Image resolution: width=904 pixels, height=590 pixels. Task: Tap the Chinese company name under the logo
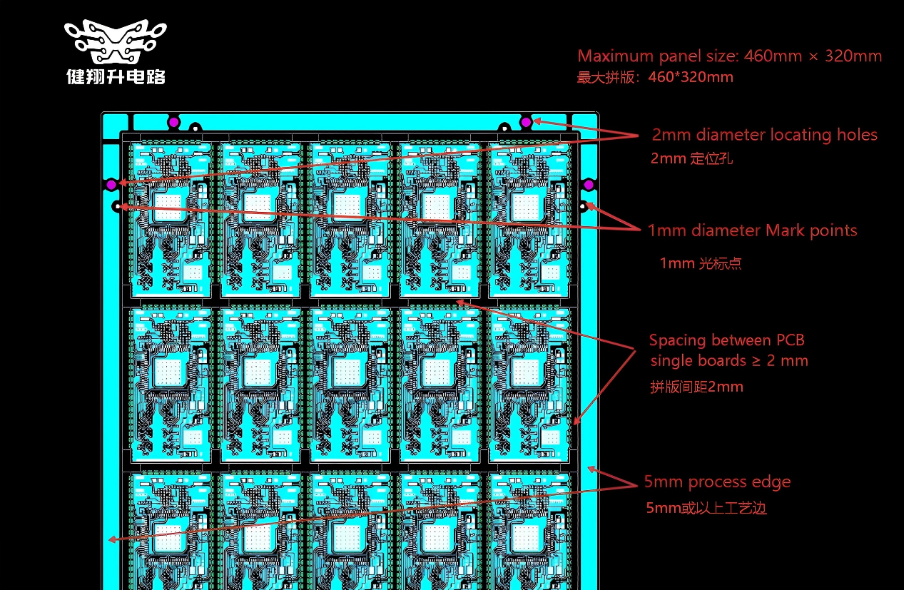point(116,76)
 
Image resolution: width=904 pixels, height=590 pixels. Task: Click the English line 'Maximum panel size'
point(729,56)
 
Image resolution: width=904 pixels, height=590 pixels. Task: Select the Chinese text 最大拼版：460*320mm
point(654,77)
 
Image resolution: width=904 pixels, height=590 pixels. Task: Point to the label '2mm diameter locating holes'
point(764,135)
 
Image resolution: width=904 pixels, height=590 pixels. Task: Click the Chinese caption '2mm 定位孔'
point(691,158)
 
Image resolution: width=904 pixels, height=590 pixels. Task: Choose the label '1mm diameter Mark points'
point(752,230)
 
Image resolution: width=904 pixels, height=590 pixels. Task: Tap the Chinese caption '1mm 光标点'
point(700,263)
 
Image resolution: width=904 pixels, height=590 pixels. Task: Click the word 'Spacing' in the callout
point(677,340)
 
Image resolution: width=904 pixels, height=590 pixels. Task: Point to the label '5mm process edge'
point(717,482)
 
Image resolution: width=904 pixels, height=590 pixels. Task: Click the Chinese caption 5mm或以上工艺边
point(706,508)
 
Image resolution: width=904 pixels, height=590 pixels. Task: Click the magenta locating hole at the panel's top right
point(526,122)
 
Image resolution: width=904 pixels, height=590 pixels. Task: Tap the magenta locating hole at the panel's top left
point(173,122)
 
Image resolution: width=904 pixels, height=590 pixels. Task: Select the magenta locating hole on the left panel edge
point(111,185)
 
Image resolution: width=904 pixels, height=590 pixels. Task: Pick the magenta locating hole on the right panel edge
point(588,185)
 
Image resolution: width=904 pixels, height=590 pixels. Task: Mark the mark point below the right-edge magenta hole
point(583,207)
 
